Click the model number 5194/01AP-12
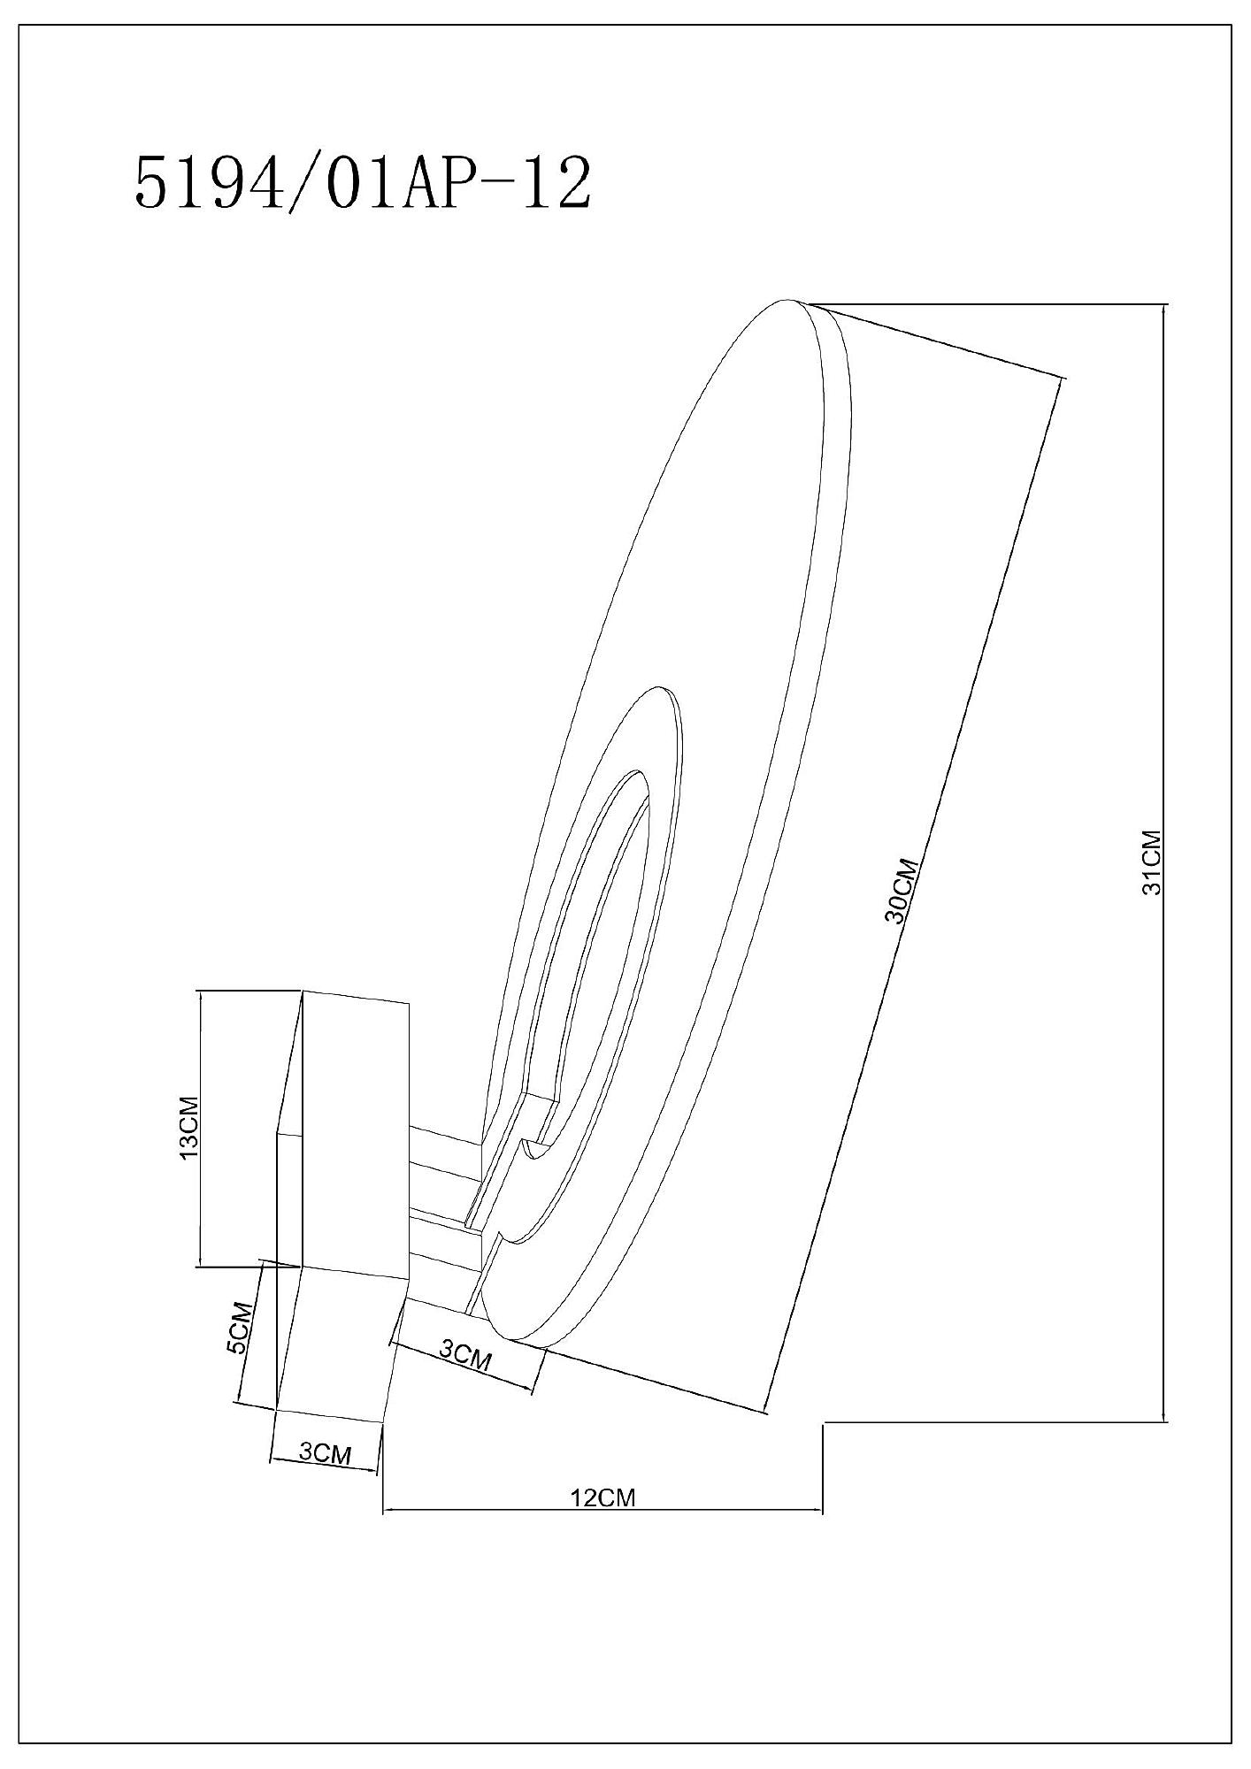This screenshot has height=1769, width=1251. click(x=361, y=184)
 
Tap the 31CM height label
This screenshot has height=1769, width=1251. click(x=1151, y=862)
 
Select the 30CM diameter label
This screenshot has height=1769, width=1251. click(x=903, y=891)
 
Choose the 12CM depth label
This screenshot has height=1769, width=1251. click(x=604, y=1497)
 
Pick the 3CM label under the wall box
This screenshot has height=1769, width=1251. click(x=325, y=1452)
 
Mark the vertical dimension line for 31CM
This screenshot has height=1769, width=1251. click(x=1164, y=862)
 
